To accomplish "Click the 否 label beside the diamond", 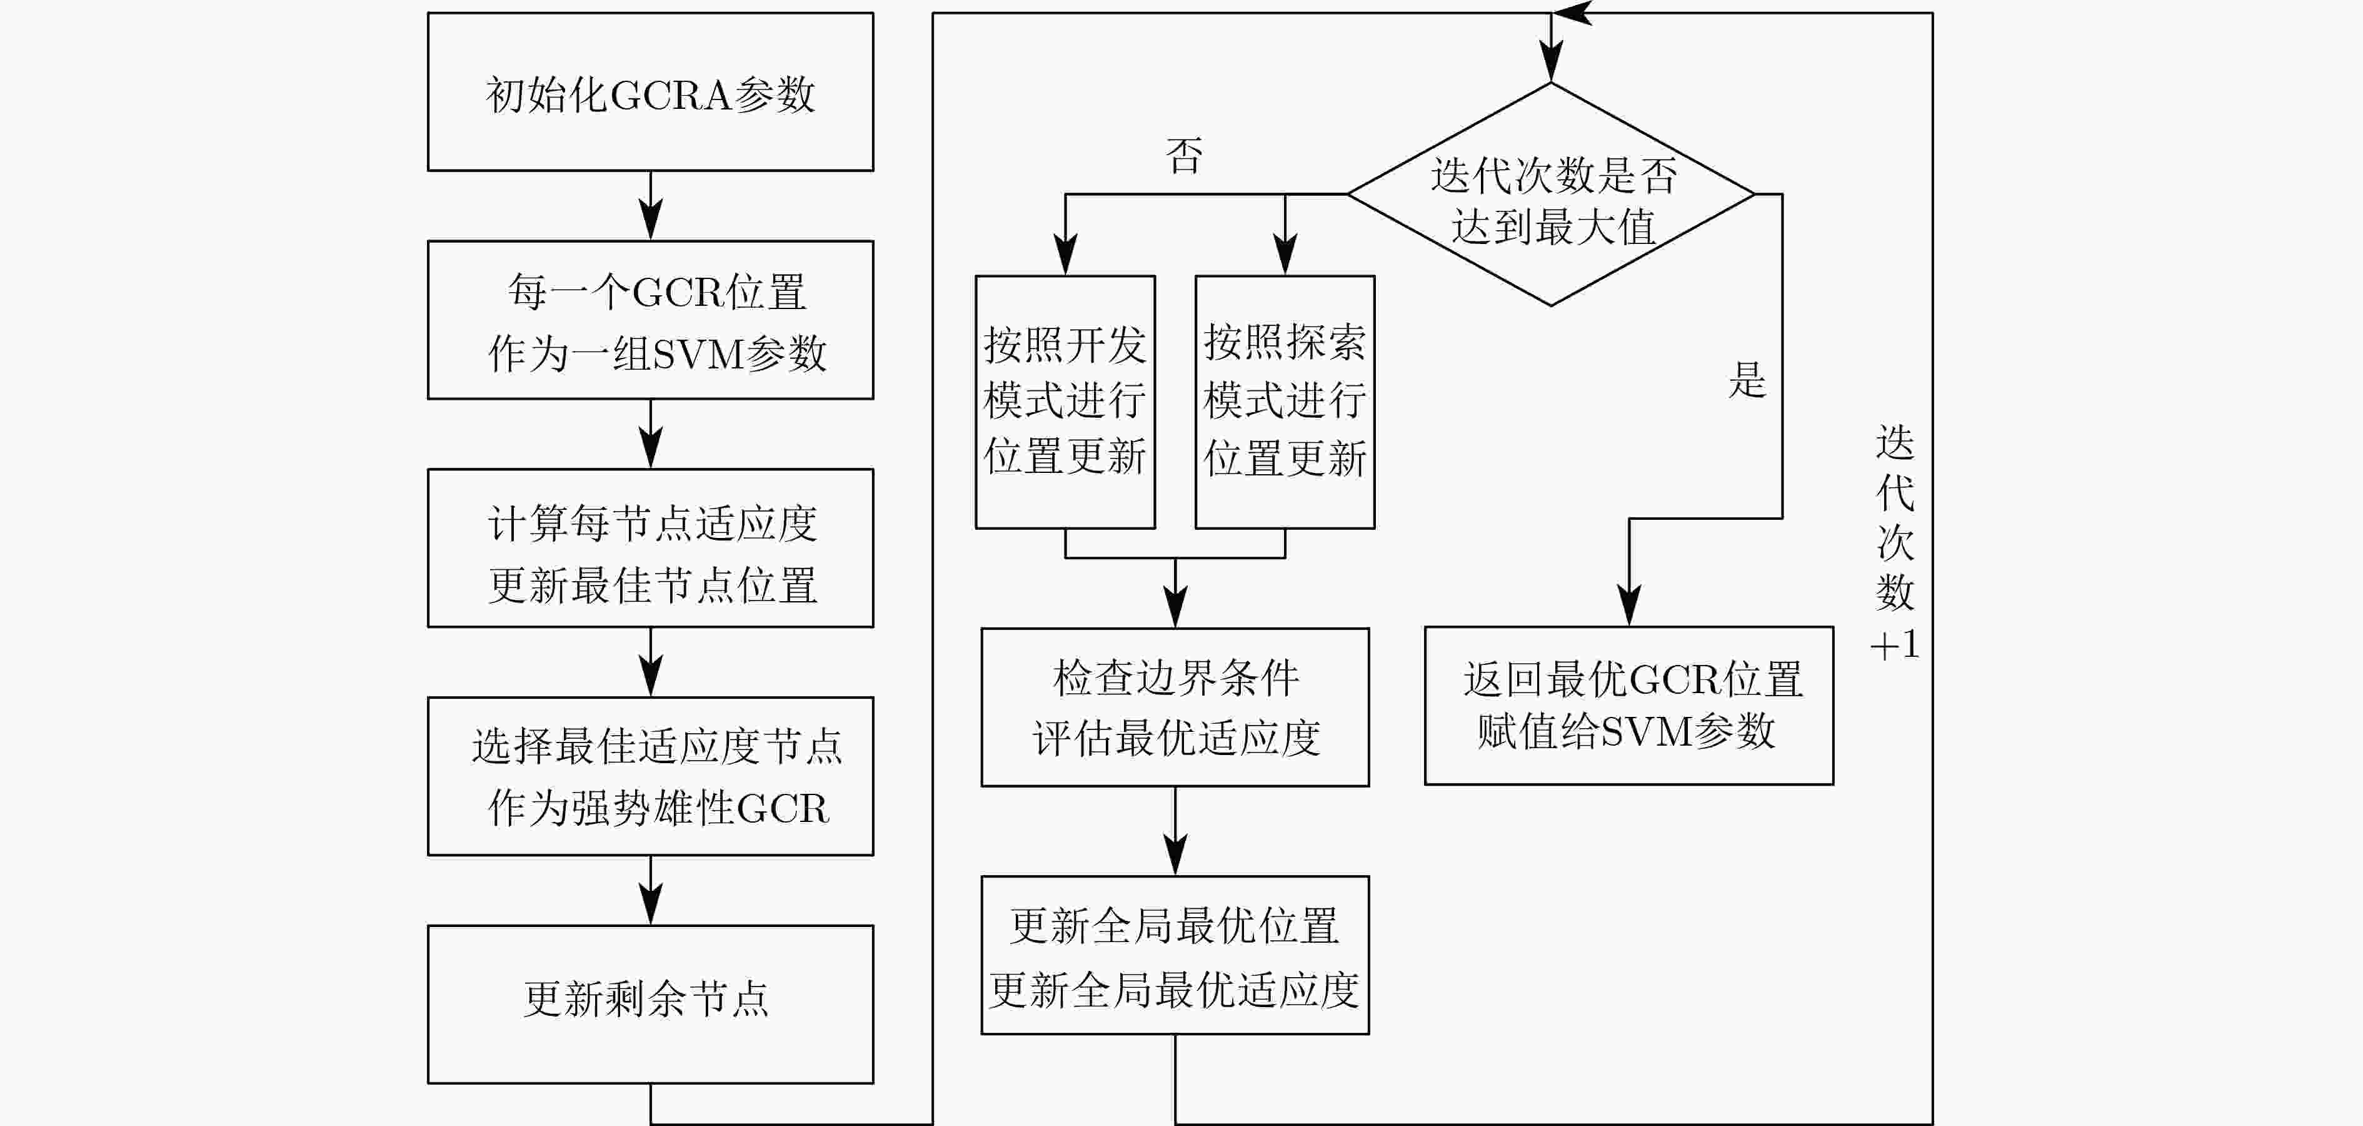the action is click(x=1184, y=155).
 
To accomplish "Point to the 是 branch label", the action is click(x=1747, y=379).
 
